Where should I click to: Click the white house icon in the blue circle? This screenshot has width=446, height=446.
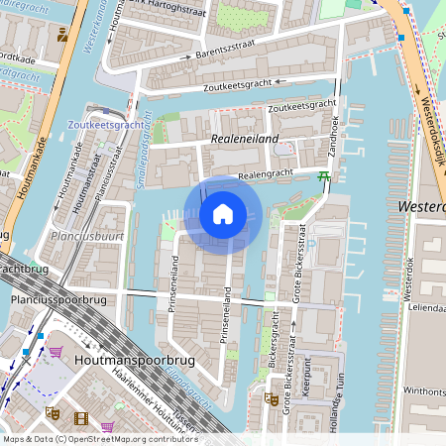223,214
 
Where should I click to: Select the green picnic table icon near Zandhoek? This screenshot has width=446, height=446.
323,177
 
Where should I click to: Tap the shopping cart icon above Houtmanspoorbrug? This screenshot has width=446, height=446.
56,352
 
